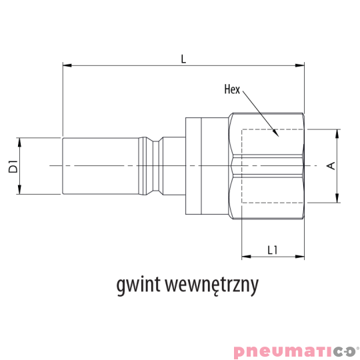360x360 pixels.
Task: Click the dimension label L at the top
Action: (183, 59)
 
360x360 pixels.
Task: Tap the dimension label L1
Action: (272, 250)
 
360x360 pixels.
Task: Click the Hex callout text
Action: (232, 89)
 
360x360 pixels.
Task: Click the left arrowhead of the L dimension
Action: (66, 65)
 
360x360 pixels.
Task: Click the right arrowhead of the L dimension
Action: (300, 65)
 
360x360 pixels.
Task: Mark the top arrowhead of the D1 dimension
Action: (21, 141)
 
